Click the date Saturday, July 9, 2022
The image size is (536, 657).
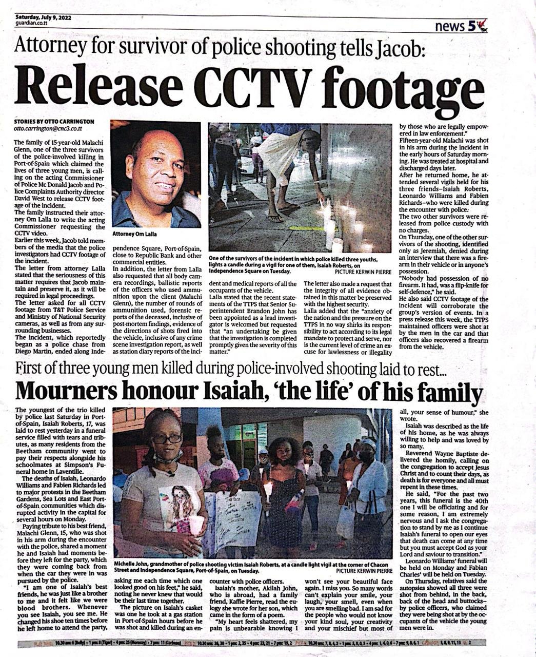pyautogui.click(x=44, y=17)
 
